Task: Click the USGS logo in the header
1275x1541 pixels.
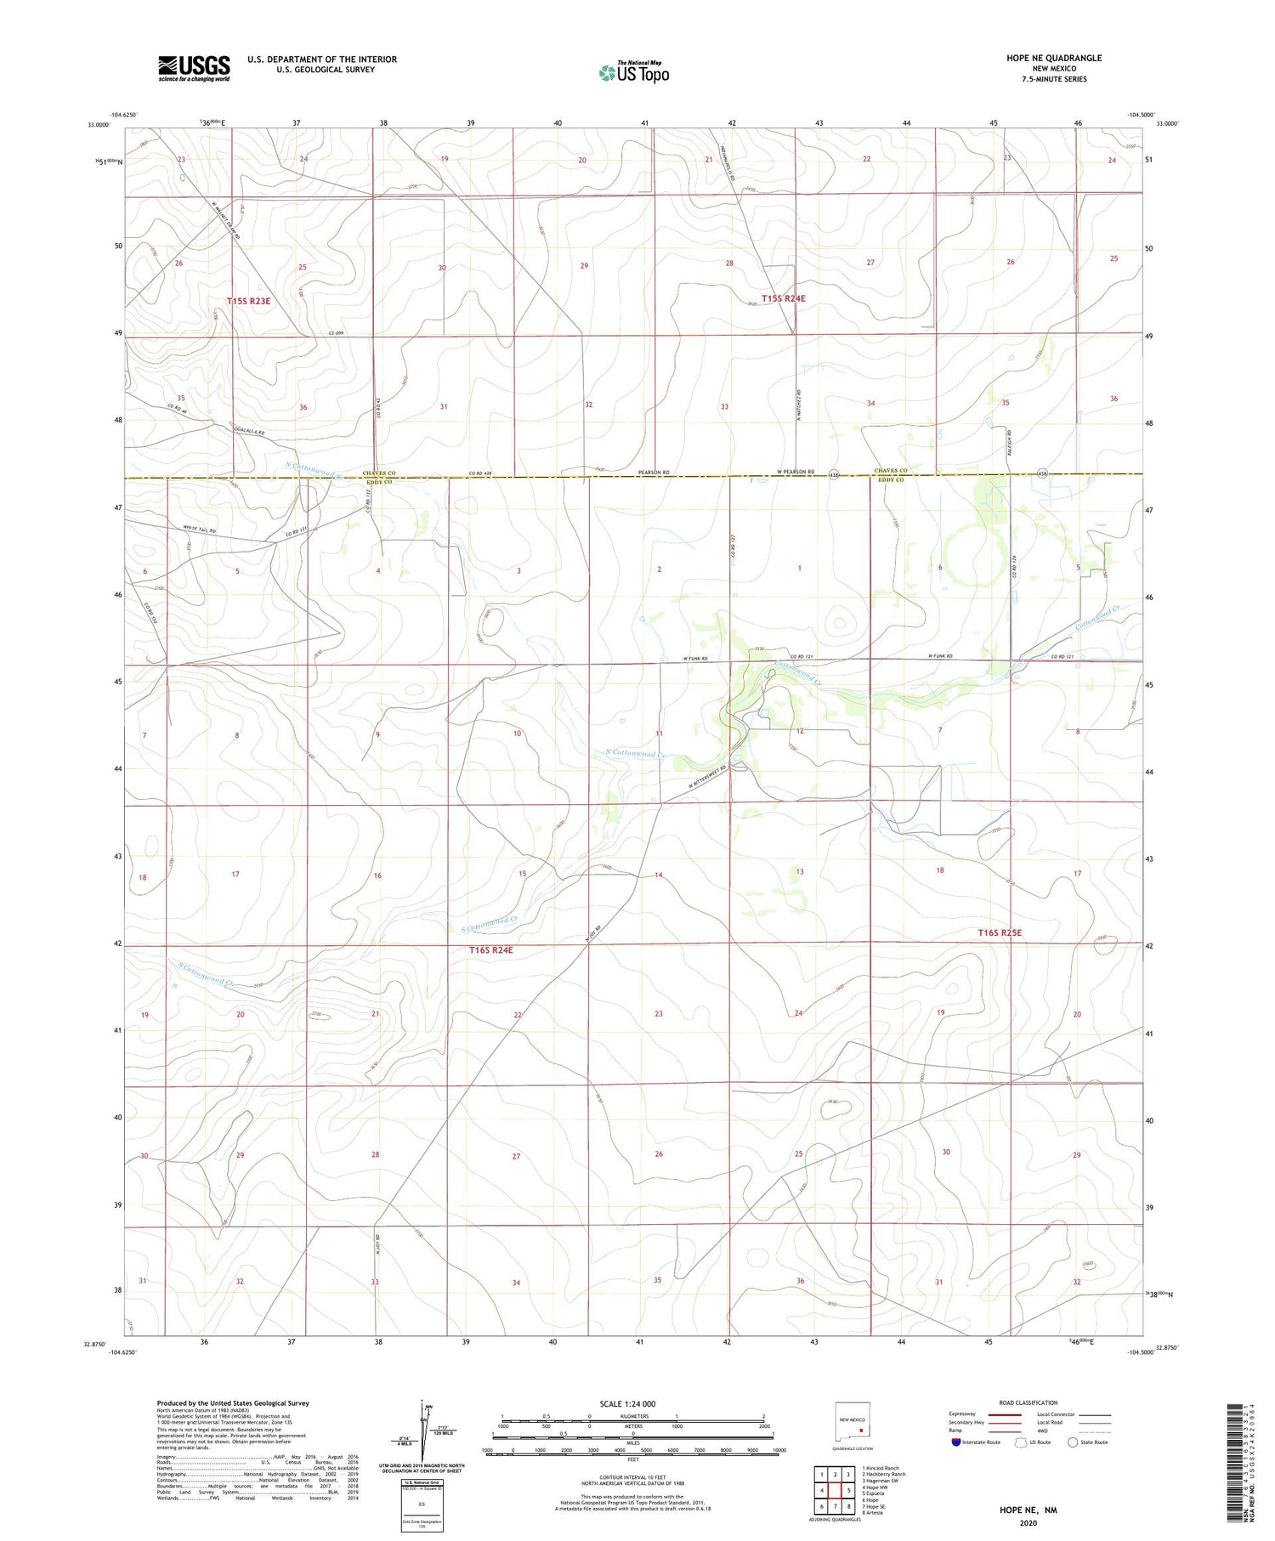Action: [x=194, y=68]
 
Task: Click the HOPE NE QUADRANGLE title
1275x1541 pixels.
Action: [x=1053, y=58]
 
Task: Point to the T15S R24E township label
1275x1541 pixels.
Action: [x=783, y=298]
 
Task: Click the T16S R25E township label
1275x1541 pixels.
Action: [x=1000, y=932]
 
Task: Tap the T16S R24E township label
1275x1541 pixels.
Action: [x=490, y=949]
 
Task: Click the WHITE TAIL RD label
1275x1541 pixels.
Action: [x=200, y=530]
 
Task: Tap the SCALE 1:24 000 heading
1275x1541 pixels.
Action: [x=628, y=1403]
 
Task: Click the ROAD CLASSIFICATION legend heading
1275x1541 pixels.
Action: [x=1028, y=1402]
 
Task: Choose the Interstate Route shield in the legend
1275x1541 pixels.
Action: [x=956, y=1442]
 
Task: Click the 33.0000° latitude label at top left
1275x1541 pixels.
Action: [x=99, y=124]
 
